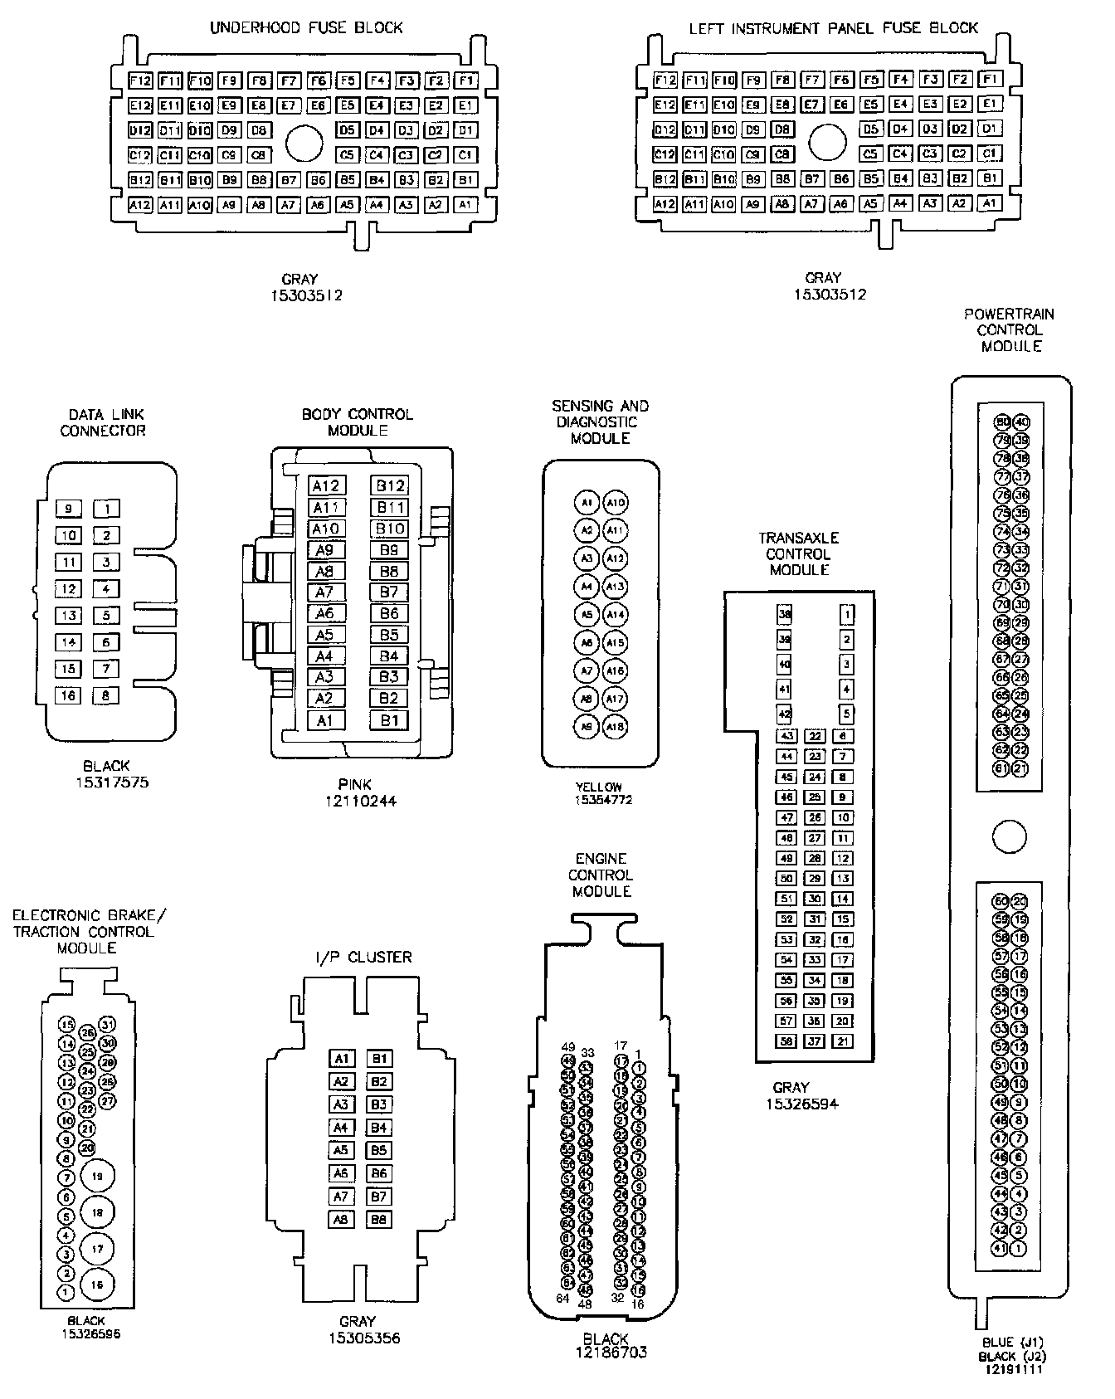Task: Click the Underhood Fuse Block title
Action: pos(306,27)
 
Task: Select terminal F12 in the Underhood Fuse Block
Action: pos(141,80)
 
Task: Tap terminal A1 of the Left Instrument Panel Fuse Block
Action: pos(990,203)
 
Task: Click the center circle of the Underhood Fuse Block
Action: pos(304,144)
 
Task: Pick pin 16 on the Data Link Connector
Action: pos(68,695)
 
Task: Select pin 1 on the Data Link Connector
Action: pos(106,509)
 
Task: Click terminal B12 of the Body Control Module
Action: pos(390,485)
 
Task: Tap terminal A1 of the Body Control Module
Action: pos(324,720)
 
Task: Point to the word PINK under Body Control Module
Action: pos(355,784)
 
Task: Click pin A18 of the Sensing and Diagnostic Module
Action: pos(615,727)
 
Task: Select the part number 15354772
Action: pos(603,800)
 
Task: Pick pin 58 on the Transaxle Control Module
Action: pos(786,1041)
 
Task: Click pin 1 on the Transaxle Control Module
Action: pos(847,615)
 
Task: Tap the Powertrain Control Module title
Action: pos(1009,329)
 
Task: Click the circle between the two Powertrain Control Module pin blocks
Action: pos(1009,836)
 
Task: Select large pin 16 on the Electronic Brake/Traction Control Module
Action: pos(97,1284)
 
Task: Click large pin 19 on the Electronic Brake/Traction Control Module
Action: pos(97,1176)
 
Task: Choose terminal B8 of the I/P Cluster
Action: pos(379,1220)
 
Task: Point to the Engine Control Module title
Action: pos(602,875)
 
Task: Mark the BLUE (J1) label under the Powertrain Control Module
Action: pos(1010,1343)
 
